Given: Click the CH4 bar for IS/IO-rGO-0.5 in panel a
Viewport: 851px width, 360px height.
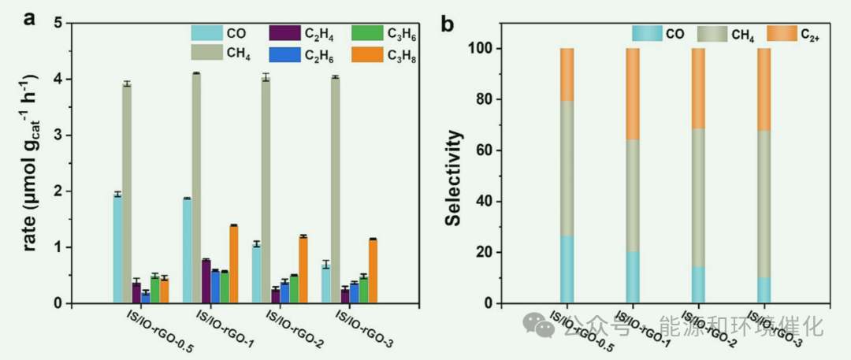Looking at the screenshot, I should [126, 193].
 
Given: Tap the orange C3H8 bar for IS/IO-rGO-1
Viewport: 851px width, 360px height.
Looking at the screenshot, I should [234, 264].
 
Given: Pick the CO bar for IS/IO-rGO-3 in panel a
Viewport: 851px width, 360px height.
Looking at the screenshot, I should [325, 284].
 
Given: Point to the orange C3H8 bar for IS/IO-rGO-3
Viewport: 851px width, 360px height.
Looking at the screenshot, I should [373, 271].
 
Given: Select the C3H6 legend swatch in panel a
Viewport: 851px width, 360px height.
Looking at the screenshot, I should [366, 33].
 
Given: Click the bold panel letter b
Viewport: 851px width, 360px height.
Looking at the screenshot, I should [447, 23].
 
